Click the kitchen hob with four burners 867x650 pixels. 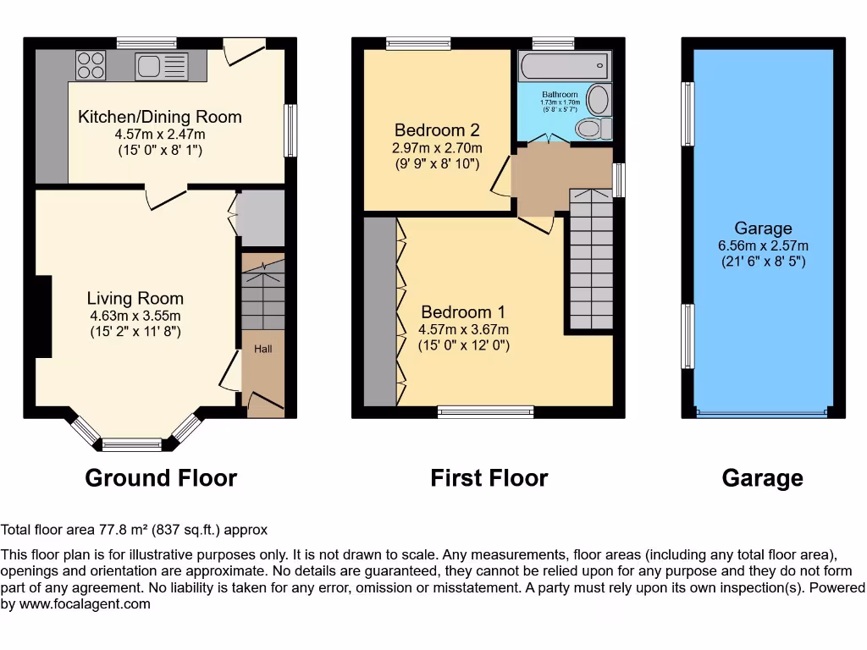90,65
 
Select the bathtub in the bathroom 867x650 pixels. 563,65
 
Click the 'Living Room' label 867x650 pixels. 135,298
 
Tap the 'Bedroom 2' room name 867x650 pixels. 437,130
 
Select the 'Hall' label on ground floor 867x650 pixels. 263,349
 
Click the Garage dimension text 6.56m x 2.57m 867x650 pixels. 763,245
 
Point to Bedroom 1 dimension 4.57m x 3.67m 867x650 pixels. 463,329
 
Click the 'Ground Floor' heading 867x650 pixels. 161,478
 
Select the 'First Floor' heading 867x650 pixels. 489,478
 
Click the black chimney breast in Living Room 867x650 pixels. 42,317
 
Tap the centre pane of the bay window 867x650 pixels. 131,443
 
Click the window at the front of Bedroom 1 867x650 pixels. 485,412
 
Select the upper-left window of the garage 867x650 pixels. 688,113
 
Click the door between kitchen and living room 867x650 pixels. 165,194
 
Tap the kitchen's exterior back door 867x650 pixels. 243,51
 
